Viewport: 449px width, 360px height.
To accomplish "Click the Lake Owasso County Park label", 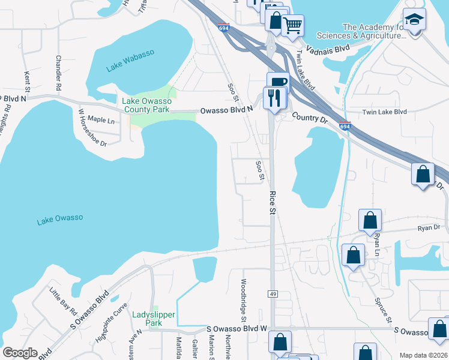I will (147, 106).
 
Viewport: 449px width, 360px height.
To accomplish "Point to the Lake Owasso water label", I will (60, 220).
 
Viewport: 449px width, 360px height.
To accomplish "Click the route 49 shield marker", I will (272, 292).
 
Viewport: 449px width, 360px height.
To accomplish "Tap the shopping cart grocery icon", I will (292, 25).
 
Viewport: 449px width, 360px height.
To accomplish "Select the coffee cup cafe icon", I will (278, 82).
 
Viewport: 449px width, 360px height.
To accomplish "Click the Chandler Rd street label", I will (58, 73).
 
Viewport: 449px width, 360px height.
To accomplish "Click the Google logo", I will (20, 353).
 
